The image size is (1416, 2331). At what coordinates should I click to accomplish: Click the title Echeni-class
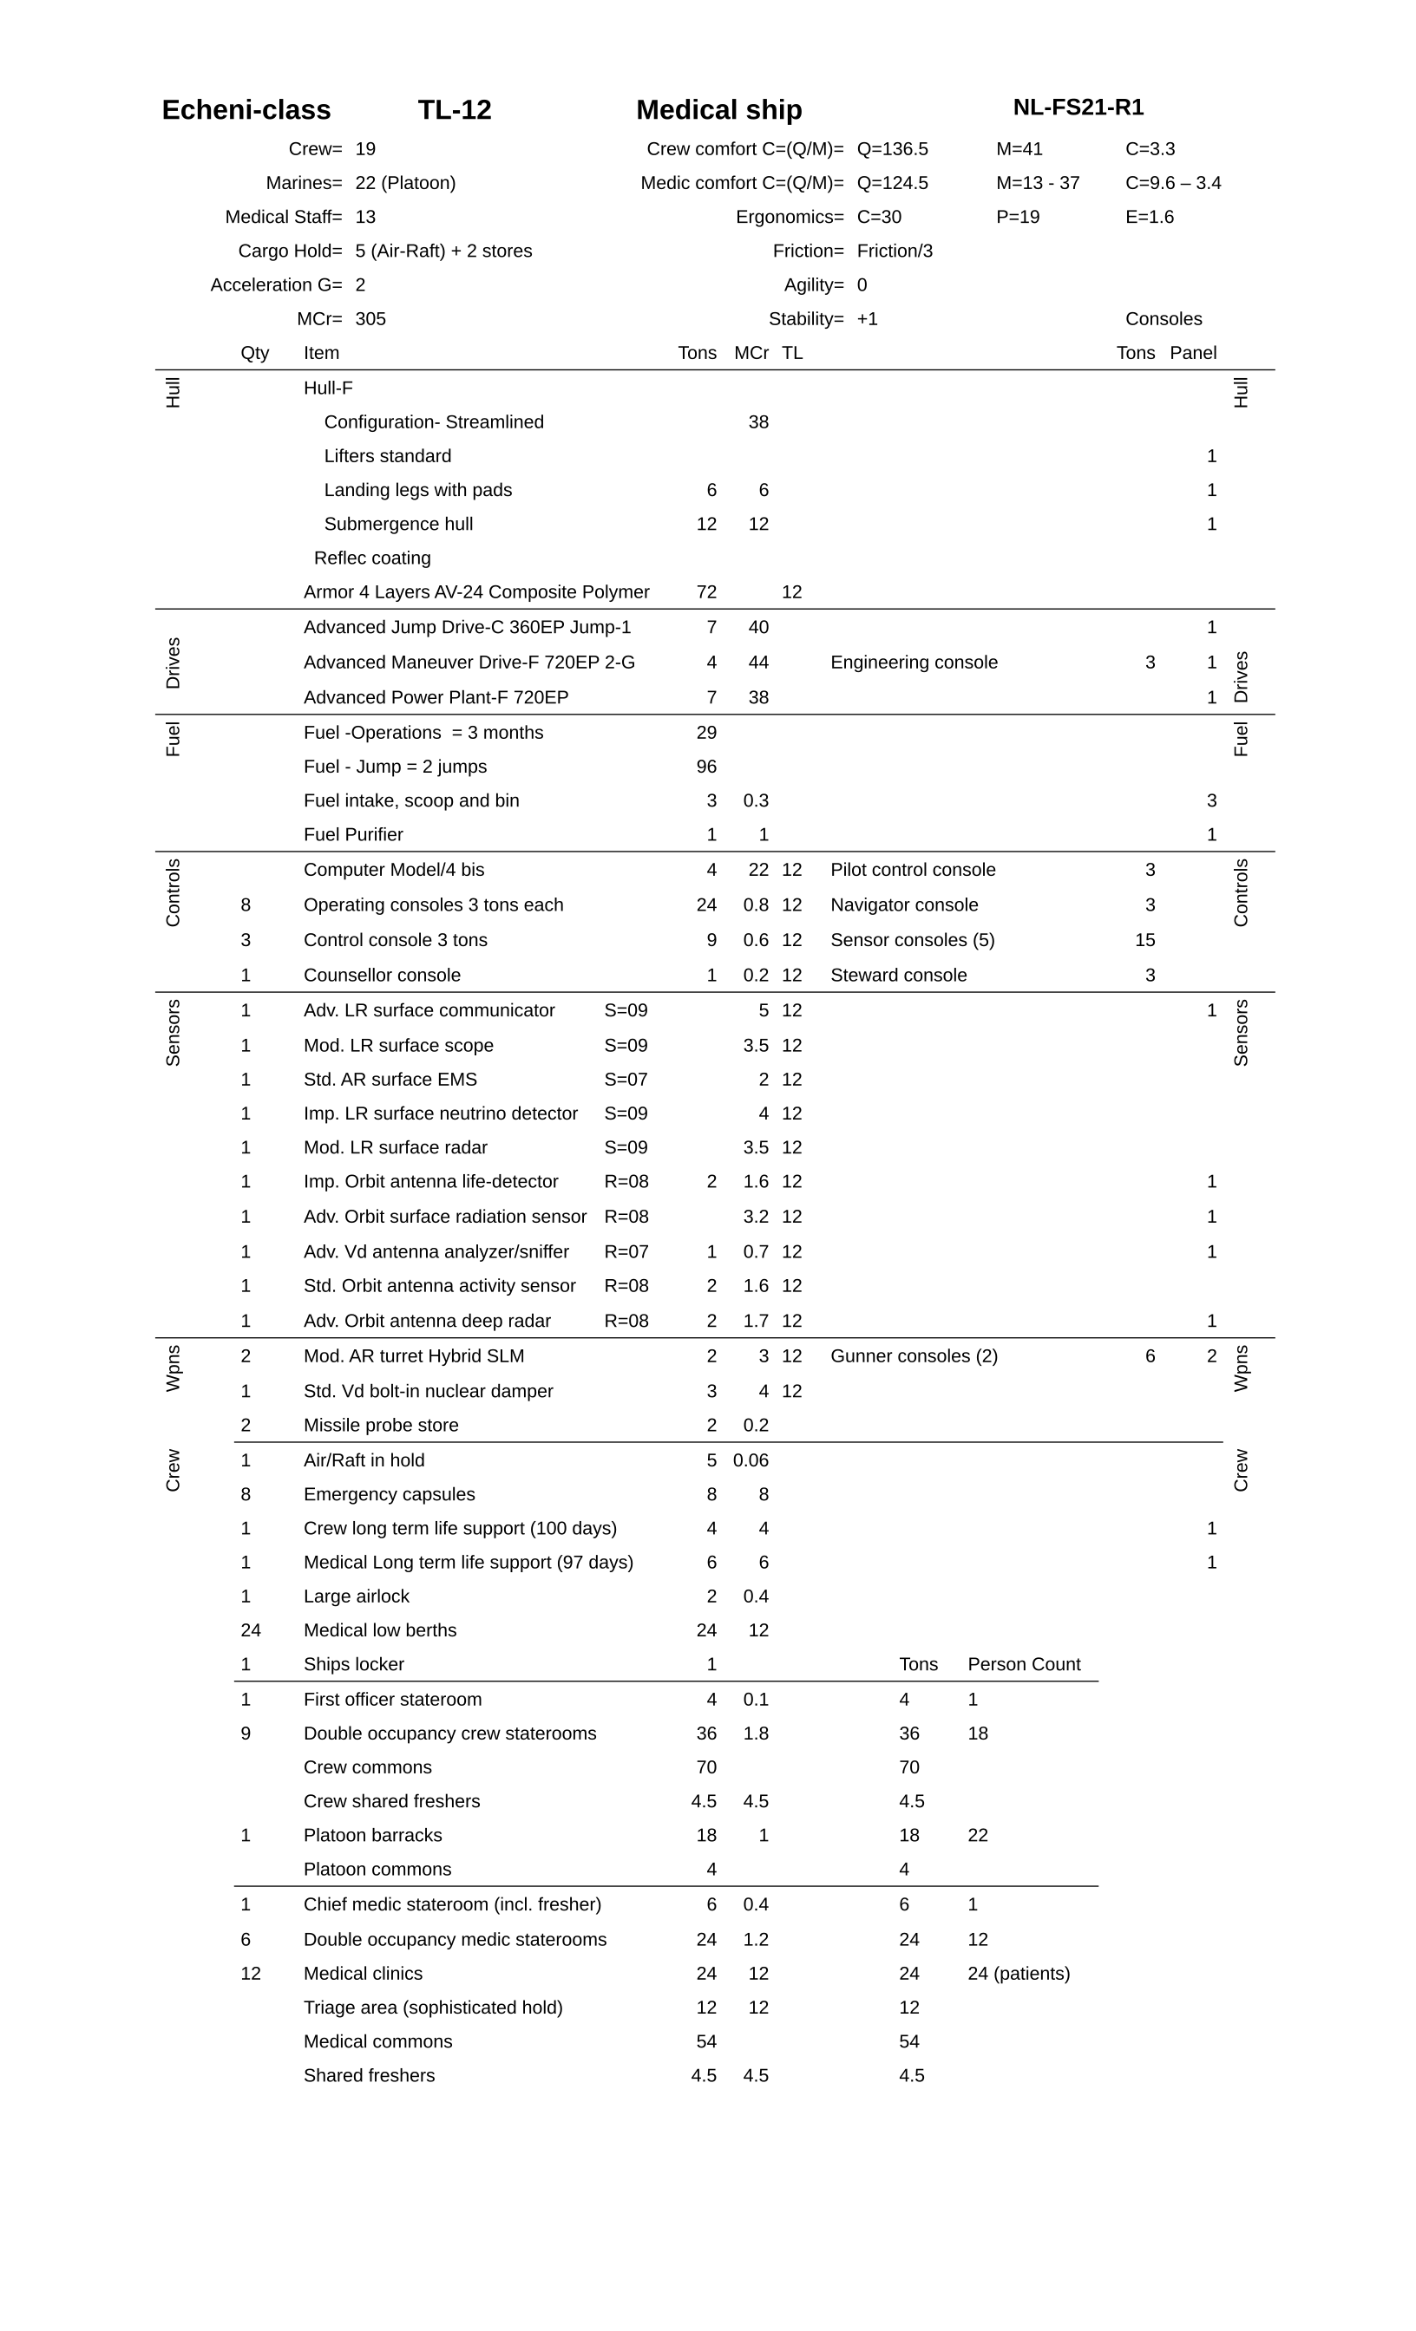246,110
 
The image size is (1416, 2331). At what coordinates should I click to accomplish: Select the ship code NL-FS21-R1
1078,108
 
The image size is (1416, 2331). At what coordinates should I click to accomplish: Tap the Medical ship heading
718,110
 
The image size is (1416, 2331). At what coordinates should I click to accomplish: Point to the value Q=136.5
892,149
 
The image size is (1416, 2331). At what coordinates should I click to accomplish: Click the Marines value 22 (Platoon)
405,184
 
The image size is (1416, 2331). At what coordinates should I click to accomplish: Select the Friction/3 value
895,251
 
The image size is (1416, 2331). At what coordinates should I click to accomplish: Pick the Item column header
321,354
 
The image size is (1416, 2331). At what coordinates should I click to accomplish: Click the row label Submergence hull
397,525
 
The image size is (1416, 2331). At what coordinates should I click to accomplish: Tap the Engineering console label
914,663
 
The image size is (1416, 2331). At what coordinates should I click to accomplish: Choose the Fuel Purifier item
353,835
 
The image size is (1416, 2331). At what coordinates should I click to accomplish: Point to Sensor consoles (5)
912,940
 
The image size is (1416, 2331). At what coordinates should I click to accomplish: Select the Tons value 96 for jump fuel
706,767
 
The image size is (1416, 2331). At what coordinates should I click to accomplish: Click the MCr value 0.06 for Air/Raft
751,1460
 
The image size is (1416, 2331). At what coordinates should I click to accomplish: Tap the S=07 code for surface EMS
626,1081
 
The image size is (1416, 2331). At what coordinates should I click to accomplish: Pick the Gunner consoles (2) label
914,1356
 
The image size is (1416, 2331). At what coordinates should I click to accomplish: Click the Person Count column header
1023,1665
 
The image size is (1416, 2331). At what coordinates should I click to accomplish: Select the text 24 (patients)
1019,1975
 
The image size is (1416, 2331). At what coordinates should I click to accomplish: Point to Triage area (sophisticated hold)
433,2008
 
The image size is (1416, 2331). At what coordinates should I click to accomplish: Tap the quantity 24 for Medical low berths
250,1631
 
